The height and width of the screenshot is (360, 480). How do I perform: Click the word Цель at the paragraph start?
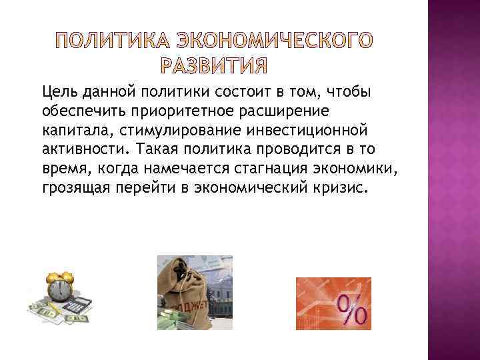click(x=58, y=91)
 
